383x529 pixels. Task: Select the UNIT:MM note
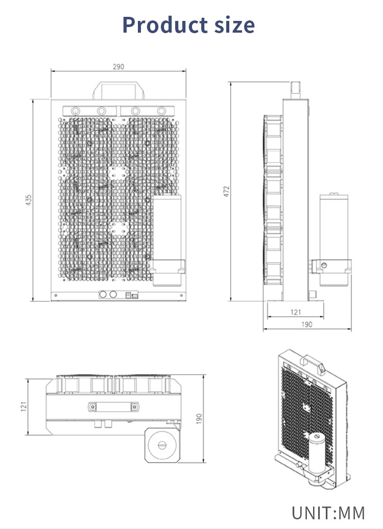click(x=328, y=513)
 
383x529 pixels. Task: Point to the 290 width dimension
click(x=118, y=67)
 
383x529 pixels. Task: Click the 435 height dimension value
click(x=29, y=200)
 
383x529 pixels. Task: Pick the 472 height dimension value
click(x=226, y=191)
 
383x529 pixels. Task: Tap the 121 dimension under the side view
click(x=296, y=312)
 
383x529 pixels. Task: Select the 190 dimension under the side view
click(x=307, y=324)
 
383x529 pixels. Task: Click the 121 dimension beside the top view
click(x=23, y=407)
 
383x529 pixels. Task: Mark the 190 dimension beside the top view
click(x=199, y=419)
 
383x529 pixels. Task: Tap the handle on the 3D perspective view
click(x=312, y=364)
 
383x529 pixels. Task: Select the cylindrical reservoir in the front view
click(x=167, y=240)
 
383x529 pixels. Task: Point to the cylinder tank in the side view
click(x=333, y=240)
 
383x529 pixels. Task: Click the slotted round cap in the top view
click(x=162, y=445)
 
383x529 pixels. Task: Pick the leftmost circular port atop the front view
click(x=75, y=111)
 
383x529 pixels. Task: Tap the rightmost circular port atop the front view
click(x=161, y=111)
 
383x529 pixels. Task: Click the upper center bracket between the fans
click(x=118, y=173)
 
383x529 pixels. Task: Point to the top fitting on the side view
click(x=296, y=90)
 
